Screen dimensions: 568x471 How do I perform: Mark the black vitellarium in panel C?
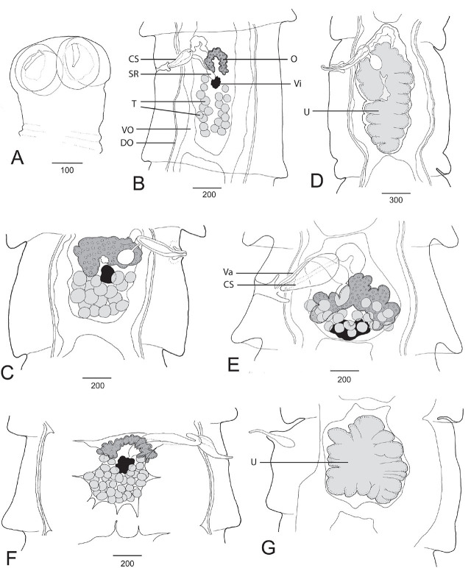coord(107,274)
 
